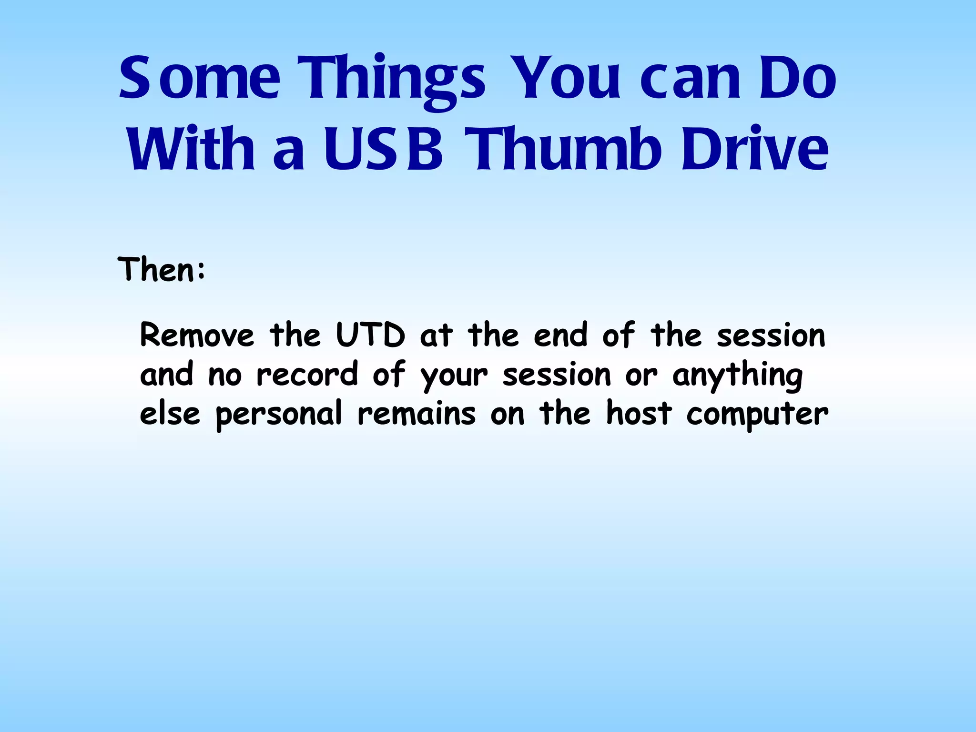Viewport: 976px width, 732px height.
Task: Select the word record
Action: tap(307, 375)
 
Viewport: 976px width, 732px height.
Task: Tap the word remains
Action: tap(417, 414)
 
